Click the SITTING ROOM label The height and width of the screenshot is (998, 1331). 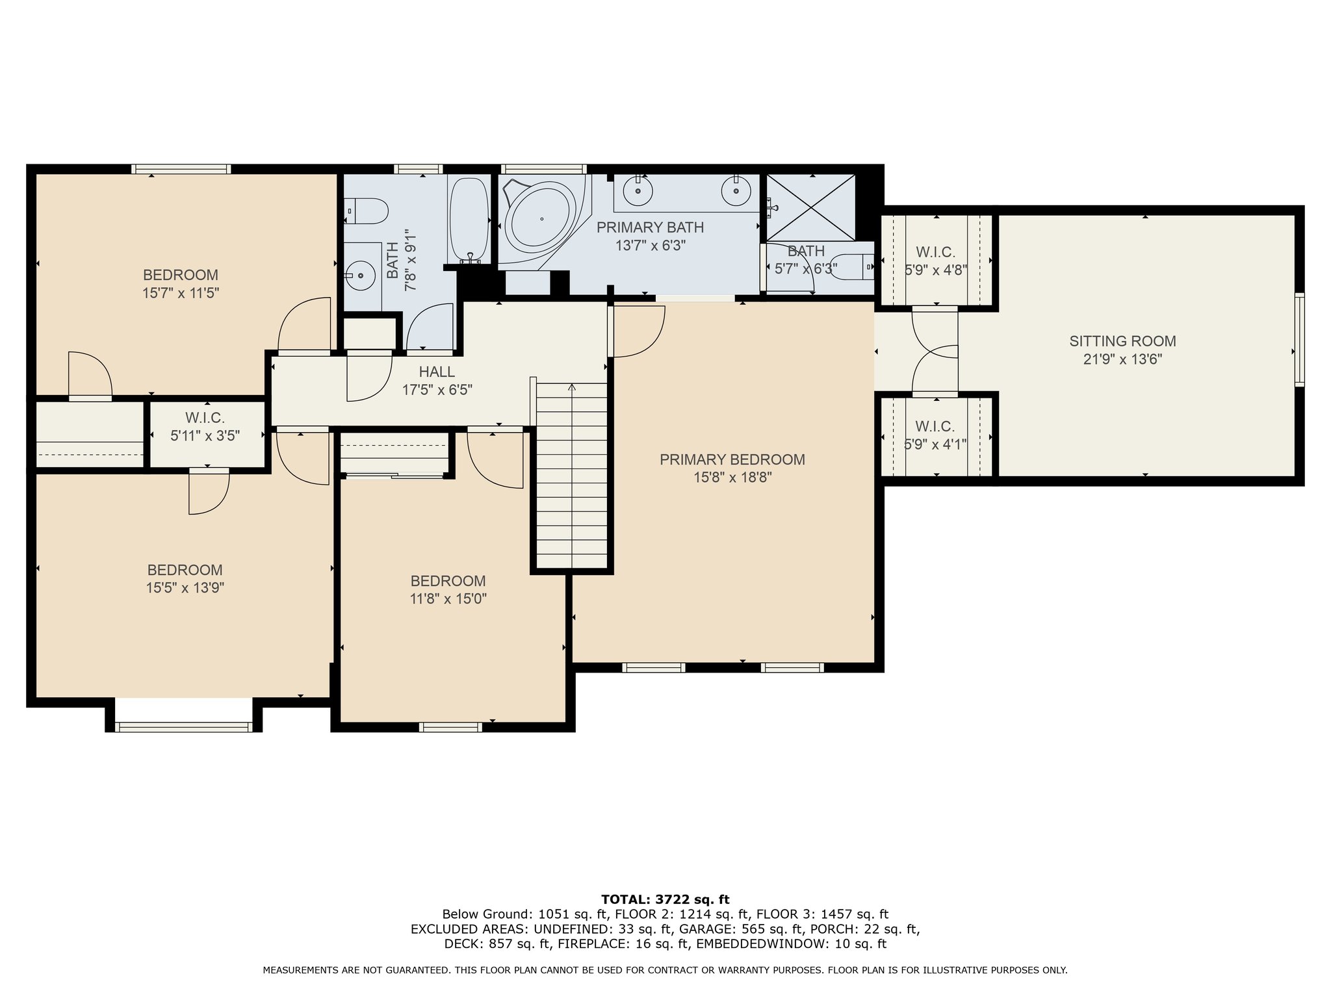[1122, 341]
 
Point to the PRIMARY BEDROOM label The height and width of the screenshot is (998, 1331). [732, 459]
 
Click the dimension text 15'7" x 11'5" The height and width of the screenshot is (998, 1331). [181, 293]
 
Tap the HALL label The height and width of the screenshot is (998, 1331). [437, 372]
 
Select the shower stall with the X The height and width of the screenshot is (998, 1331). [812, 207]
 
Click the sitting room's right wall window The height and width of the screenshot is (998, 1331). [1299, 340]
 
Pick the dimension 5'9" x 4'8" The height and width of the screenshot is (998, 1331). [936, 270]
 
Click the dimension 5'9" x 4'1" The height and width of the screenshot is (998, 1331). [936, 444]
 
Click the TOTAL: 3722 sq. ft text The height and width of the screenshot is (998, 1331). [665, 899]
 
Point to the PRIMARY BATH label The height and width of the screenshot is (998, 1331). [650, 227]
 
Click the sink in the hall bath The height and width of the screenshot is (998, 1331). [359, 275]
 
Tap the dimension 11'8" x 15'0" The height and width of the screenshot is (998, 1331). [448, 598]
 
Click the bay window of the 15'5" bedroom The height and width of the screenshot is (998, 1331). [184, 726]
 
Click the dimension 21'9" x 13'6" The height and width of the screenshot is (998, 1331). [1122, 359]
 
